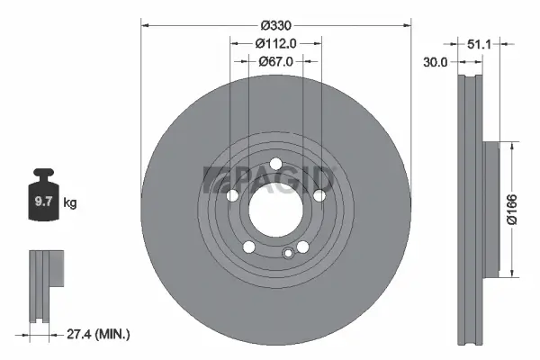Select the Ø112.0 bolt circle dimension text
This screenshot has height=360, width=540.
[274, 42]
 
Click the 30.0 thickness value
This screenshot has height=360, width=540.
[436, 62]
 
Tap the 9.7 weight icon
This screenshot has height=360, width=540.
[42, 199]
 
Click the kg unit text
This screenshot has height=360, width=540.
[69, 203]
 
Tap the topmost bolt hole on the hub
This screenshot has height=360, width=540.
[274, 162]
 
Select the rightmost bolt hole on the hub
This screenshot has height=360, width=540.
[319, 193]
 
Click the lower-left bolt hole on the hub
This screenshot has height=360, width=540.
[248, 246]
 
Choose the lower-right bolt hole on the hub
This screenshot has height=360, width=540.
[302, 246]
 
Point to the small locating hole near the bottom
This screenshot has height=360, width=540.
[288, 253]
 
